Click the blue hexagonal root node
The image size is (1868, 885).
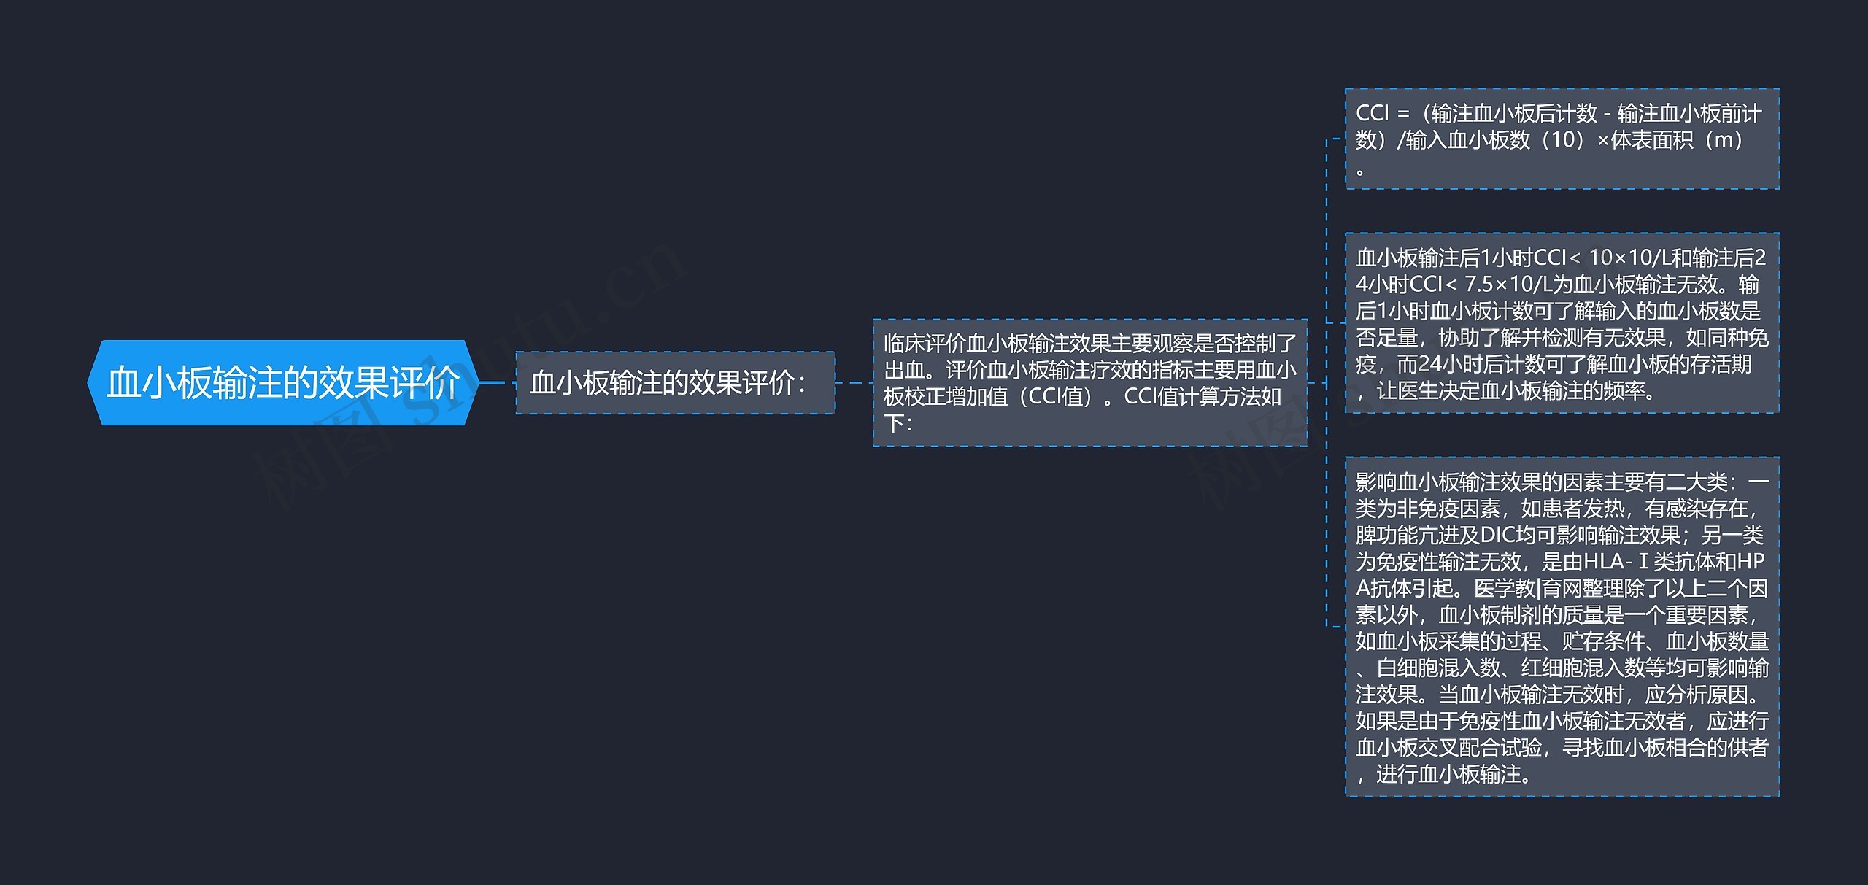[x=282, y=382]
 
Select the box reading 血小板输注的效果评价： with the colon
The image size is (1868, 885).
[x=674, y=382]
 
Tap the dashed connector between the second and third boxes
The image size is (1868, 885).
[x=854, y=382]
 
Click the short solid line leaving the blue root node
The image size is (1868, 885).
[x=493, y=382]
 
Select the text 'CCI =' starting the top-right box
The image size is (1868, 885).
[x=1382, y=113]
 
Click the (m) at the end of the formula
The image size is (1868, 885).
[x=1724, y=139]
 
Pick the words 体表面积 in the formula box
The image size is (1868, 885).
[x=1651, y=139]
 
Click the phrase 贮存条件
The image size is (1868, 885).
[x=1603, y=641]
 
